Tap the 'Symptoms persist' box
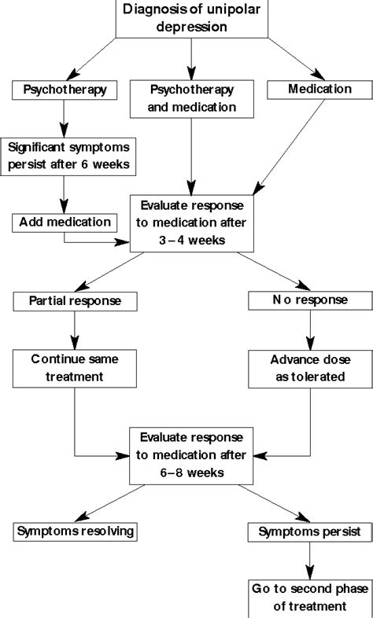point(308,532)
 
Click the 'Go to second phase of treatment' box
point(308,598)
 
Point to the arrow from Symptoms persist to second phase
point(308,560)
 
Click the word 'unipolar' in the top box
point(224,9)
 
